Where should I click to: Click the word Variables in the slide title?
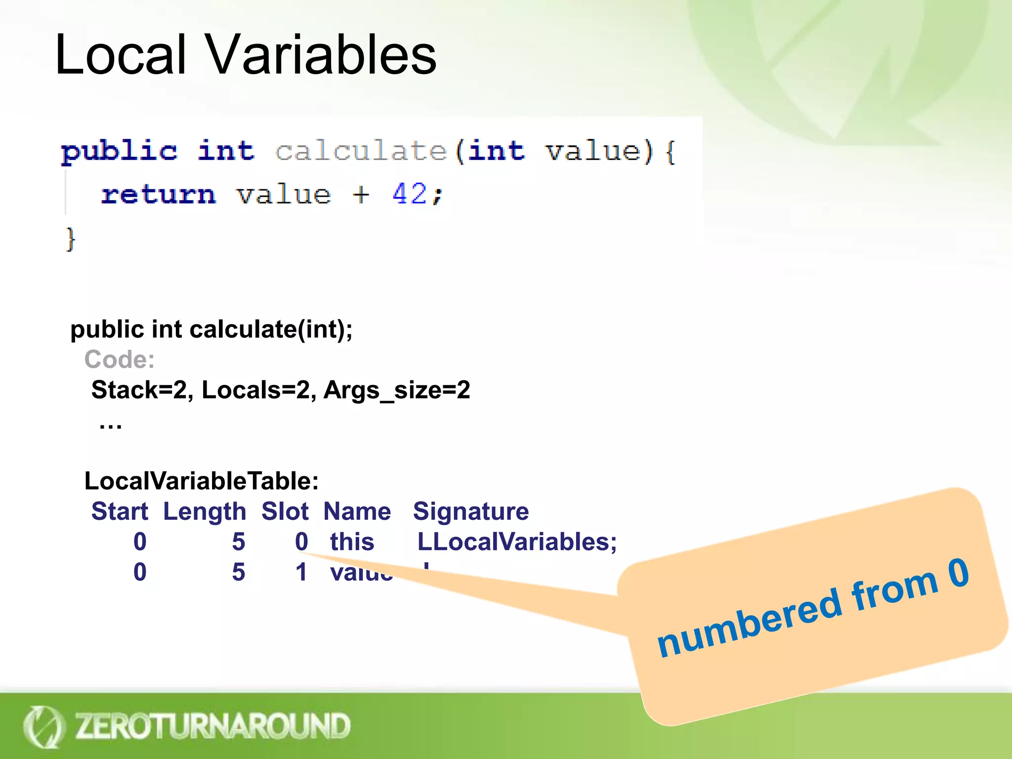(321, 54)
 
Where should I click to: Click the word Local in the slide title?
(121, 54)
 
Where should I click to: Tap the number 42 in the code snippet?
(410, 193)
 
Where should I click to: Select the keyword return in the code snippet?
(159, 194)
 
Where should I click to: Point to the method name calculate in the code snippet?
(361, 151)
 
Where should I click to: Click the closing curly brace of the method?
(71, 240)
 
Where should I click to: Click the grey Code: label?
(120, 359)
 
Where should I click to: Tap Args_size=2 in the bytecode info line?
(397, 390)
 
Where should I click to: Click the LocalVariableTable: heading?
(202, 481)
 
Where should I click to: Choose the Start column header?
(120, 511)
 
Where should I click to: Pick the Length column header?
(205, 511)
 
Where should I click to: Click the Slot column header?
(285, 511)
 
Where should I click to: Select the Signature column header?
(471, 511)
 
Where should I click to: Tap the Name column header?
(357, 511)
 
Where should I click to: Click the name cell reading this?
(352, 542)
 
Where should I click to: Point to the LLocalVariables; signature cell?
(517, 542)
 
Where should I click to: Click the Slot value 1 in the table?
(301, 572)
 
